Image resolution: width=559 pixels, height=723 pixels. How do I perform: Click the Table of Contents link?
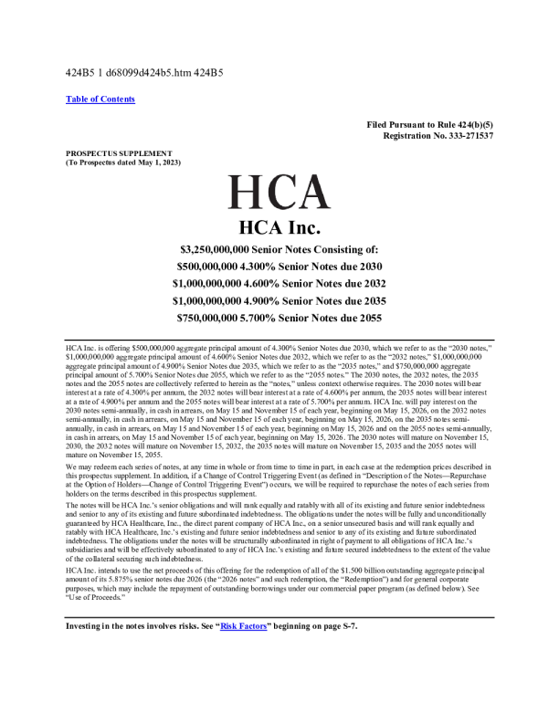coord(100,99)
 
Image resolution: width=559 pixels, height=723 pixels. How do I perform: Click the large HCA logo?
coord(279,192)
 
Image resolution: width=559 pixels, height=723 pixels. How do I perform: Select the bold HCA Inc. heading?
coord(279,226)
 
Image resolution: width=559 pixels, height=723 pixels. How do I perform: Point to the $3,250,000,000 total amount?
coord(223,249)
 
